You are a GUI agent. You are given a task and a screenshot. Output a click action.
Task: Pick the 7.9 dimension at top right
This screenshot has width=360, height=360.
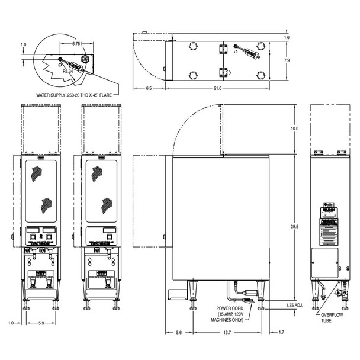[x=287, y=60]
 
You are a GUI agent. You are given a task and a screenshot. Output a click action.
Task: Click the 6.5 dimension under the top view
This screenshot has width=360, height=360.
[x=148, y=88]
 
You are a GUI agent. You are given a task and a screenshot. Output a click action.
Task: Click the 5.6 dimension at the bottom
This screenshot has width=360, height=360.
[x=179, y=333]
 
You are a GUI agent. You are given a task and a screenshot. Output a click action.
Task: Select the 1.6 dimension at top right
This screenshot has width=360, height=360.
[x=287, y=38]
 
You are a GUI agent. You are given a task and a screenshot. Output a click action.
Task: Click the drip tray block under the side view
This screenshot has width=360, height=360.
[x=175, y=294]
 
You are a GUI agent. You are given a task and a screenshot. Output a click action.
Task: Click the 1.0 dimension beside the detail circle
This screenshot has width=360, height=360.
[x=24, y=44]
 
